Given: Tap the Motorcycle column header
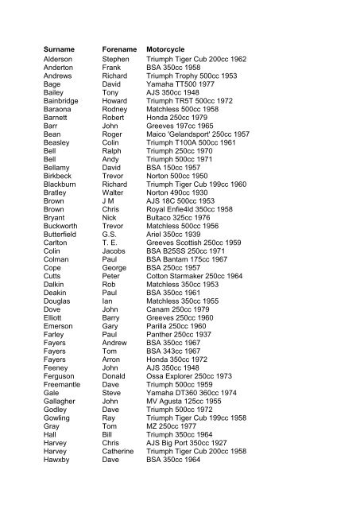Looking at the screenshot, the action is pos(172,49).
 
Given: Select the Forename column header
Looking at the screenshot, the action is pos(121,49).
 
